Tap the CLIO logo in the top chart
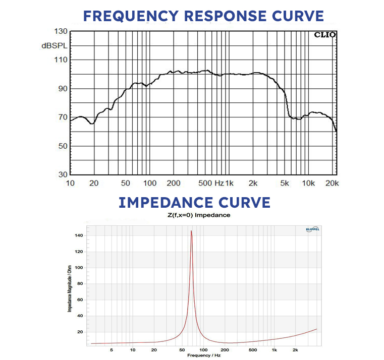pyautogui.click(x=324, y=35)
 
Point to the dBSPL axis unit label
pyautogui.click(x=54, y=45)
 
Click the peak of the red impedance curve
pyautogui.click(x=191, y=231)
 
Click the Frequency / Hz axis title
pyautogui.click(x=203, y=355)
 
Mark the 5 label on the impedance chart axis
pyautogui.click(x=111, y=349)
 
